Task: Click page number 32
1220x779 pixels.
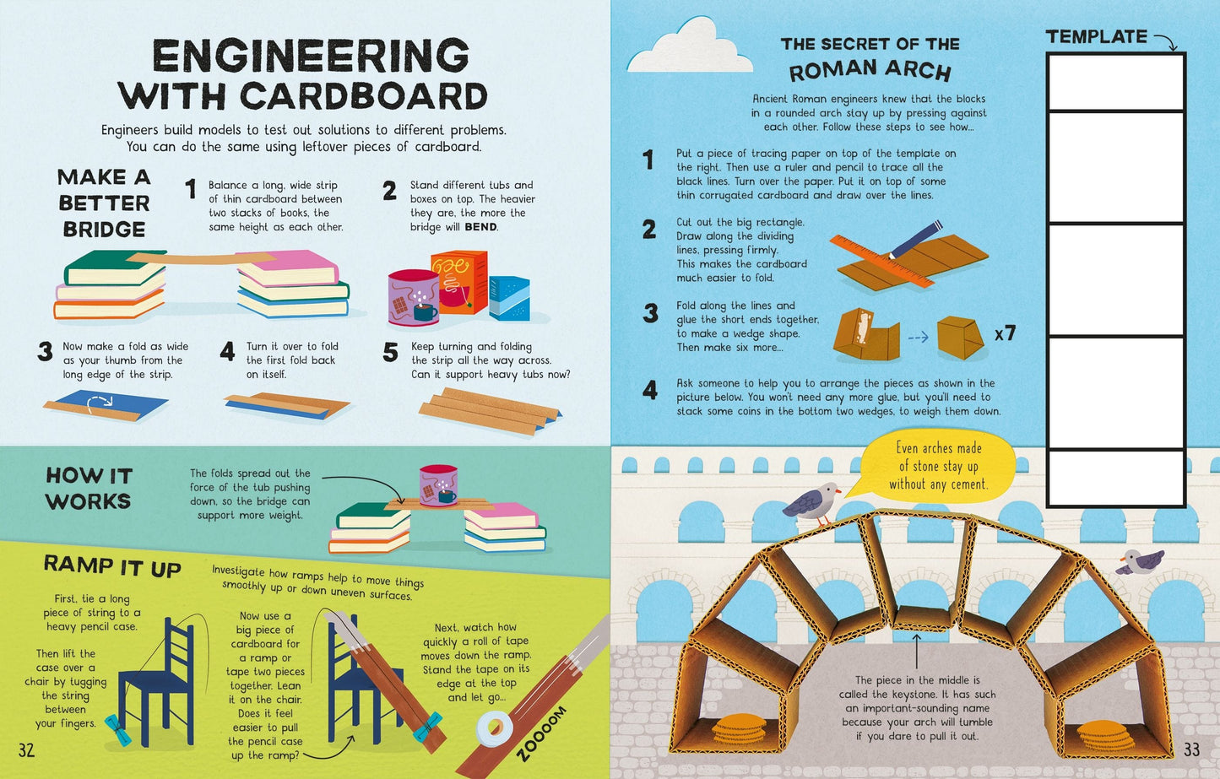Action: [26, 750]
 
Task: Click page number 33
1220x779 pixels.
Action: [1191, 749]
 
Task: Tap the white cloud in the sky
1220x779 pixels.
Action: [690, 46]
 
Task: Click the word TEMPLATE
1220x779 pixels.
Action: [1097, 36]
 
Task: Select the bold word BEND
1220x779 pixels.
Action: [480, 227]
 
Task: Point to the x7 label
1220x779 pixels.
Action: [1005, 333]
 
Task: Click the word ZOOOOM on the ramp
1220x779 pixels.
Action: [541, 733]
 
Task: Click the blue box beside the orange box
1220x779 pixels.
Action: [509, 298]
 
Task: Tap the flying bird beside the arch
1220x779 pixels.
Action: [1140, 561]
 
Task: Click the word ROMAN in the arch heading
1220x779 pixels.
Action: [832, 71]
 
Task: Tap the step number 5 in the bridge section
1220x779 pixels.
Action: [390, 352]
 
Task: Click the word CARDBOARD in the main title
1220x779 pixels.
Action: [363, 96]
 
